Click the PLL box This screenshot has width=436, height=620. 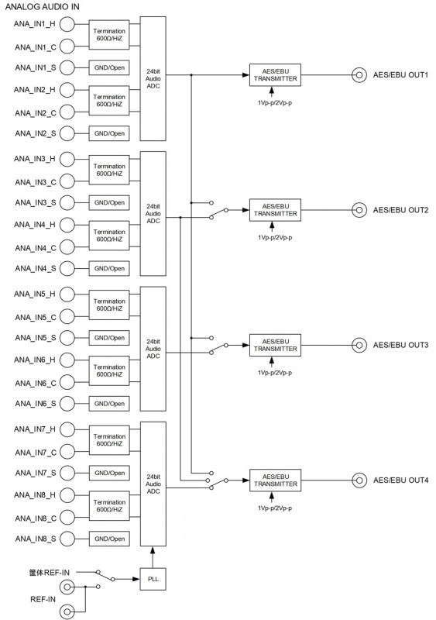[153, 579]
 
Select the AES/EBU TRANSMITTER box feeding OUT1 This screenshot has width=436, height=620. [275, 75]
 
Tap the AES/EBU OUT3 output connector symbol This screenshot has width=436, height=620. [359, 345]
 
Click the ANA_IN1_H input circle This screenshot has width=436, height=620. [67, 24]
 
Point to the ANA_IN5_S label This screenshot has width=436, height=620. [36, 338]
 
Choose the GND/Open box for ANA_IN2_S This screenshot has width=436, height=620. [109, 133]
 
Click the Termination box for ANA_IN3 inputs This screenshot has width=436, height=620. [109, 170]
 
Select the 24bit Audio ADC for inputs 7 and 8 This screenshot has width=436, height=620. [153, 484]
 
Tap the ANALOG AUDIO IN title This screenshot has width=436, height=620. [42, 7]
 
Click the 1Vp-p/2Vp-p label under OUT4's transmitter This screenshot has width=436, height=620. [275, 508]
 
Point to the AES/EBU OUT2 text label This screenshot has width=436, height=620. [400, 210]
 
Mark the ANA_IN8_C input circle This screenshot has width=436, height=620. [67, 518]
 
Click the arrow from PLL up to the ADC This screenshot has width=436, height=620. [153, 557]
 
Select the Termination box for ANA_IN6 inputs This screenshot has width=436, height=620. [109, 371]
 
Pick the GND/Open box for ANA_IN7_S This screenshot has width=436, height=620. [109, 474]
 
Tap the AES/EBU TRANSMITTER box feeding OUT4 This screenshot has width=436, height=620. [275, 480]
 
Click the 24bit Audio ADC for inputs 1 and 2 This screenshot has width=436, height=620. [153, 79]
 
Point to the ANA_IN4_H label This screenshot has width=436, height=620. [35, 225]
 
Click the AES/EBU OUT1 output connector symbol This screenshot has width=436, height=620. [359, 74]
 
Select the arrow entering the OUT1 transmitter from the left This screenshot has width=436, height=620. [208, 74]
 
